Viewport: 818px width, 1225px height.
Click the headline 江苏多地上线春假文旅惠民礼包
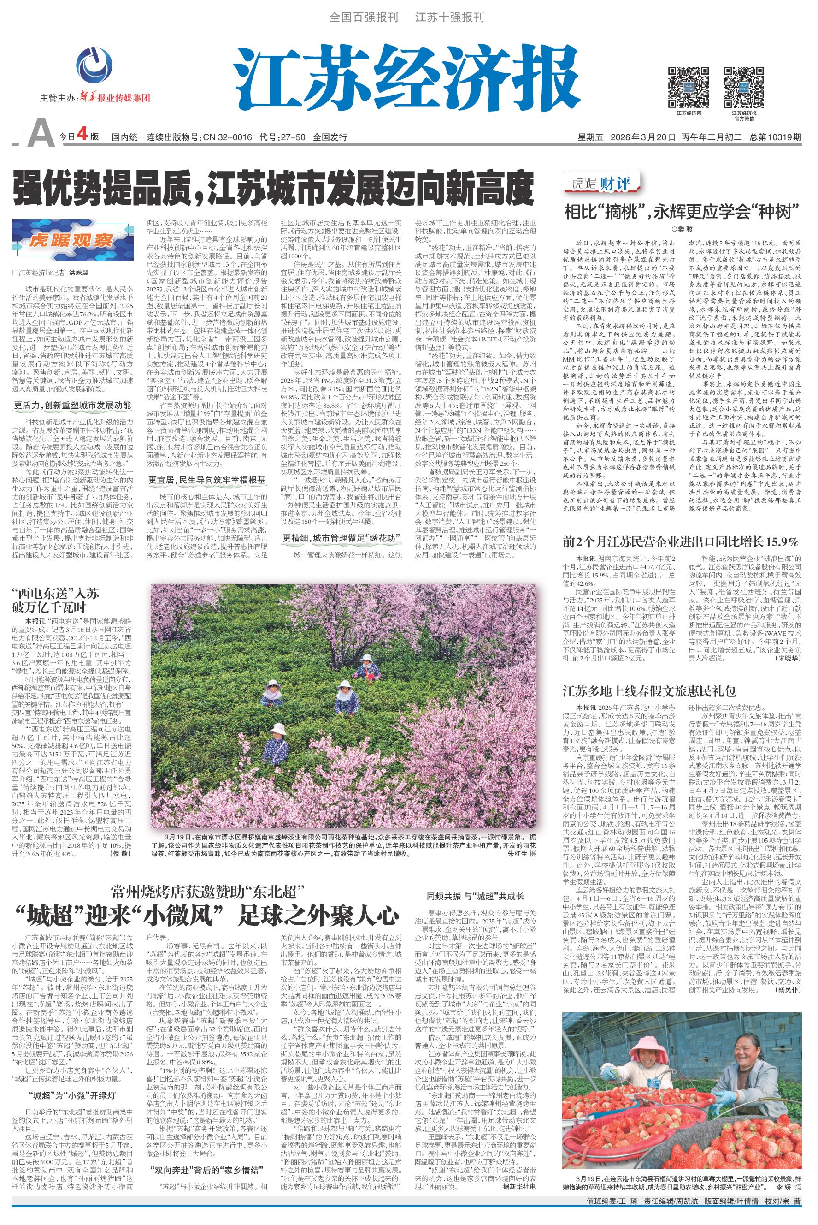point(649,692)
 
